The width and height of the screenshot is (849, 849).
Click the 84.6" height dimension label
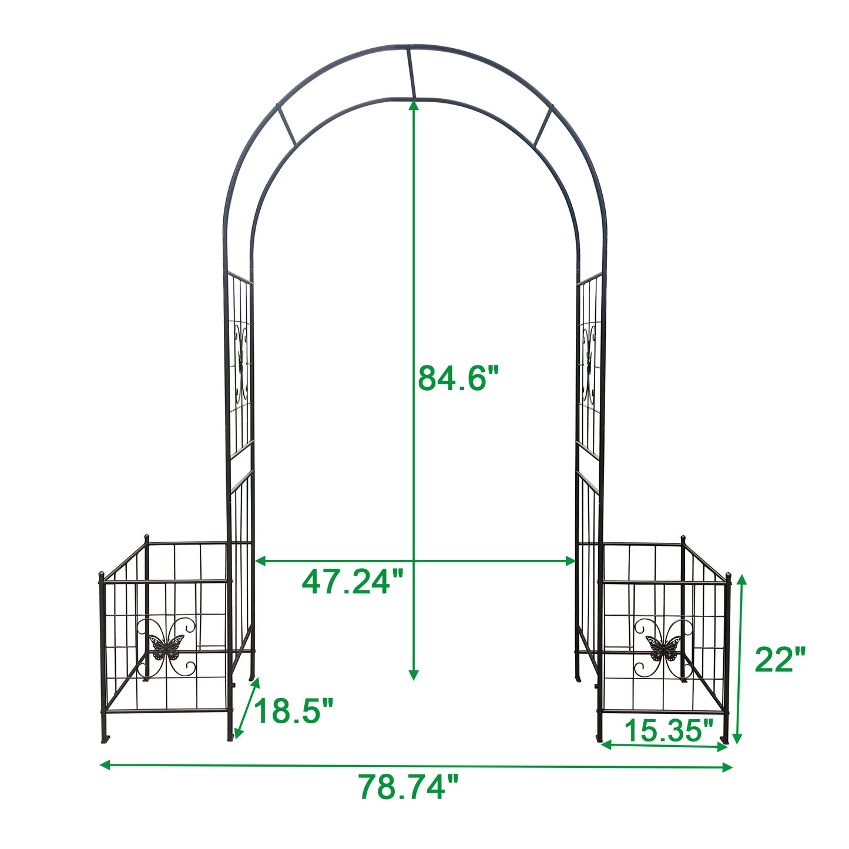[x=459, y=378]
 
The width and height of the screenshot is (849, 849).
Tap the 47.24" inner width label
[x=353, y=582]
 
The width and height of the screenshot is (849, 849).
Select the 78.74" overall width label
[x=408, y=787]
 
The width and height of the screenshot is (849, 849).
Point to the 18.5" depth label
[x=293, y=712]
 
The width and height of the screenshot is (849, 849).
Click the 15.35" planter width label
[x=669, y=730]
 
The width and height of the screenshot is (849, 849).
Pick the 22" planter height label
[x=780, y=660]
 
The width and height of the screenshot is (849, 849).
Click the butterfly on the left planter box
[x=166, y=647]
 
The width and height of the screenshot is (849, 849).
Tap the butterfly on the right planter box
[x=663, y=647]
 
